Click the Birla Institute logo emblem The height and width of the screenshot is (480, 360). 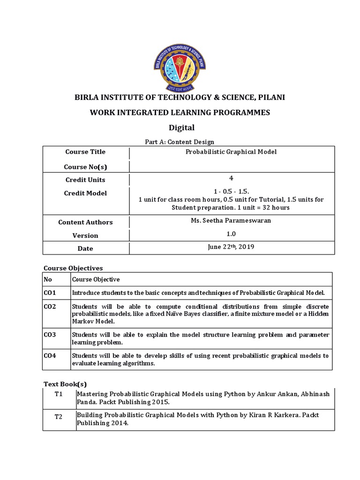(x=180, y=65)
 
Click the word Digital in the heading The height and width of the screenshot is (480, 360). (x=181, y=127)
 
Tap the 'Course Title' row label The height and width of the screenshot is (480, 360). (x=85, y=152)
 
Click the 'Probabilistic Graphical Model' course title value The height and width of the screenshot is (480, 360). (x=231, y=152)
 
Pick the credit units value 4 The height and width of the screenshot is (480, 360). (x=231, y=179)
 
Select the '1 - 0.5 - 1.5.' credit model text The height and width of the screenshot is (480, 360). (x=231, y=192)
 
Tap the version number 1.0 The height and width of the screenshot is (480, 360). (x=231, y=234)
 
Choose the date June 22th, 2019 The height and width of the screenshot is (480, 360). (x=231, y=247)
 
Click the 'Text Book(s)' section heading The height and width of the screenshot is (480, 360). (x=65, y=384)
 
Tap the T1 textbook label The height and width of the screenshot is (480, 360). (x=59, y=394)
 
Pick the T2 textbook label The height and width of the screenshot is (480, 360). (x=59, y=417)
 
